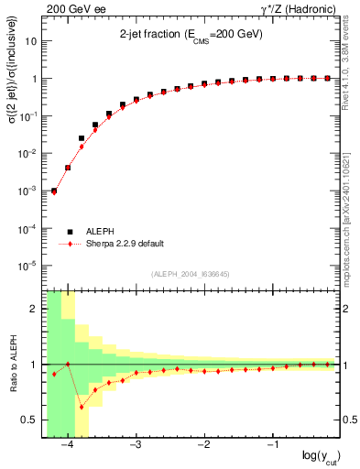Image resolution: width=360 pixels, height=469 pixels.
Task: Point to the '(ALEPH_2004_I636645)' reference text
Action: point(191,273)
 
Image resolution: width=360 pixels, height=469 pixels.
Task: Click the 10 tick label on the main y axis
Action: point(32,41)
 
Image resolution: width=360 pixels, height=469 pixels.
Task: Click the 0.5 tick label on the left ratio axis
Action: point(30,420)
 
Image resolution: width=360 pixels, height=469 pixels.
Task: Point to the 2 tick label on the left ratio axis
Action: point(35,309)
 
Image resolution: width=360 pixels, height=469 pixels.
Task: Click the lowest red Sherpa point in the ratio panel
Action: point(82,407)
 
